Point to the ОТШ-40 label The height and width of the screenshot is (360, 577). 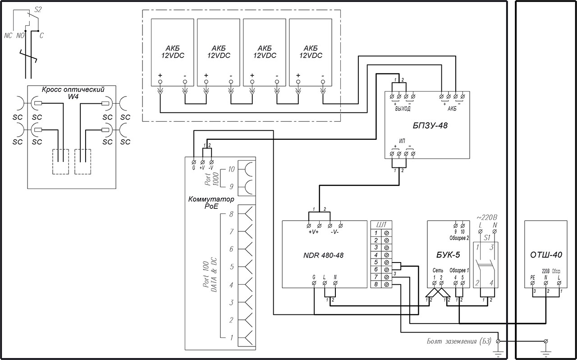(546, 255)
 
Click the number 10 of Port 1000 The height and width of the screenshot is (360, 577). (231, 170)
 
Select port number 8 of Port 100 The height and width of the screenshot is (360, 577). (231, 214)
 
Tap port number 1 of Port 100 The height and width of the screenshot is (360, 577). (231, 338)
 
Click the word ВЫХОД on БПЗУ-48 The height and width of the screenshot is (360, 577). (403, 109)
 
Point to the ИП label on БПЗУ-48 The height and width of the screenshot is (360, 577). (403, 142)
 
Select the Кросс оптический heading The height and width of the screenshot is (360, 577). (73, 89)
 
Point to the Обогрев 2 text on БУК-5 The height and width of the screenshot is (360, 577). (459, 237)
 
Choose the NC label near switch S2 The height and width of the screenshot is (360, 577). (8, 36)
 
